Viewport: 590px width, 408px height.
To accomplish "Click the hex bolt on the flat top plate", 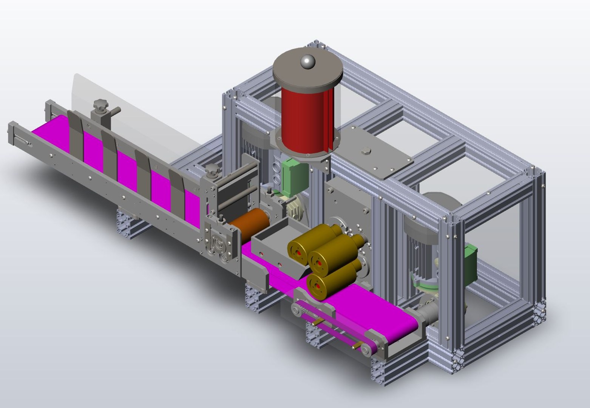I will [365, 152].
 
